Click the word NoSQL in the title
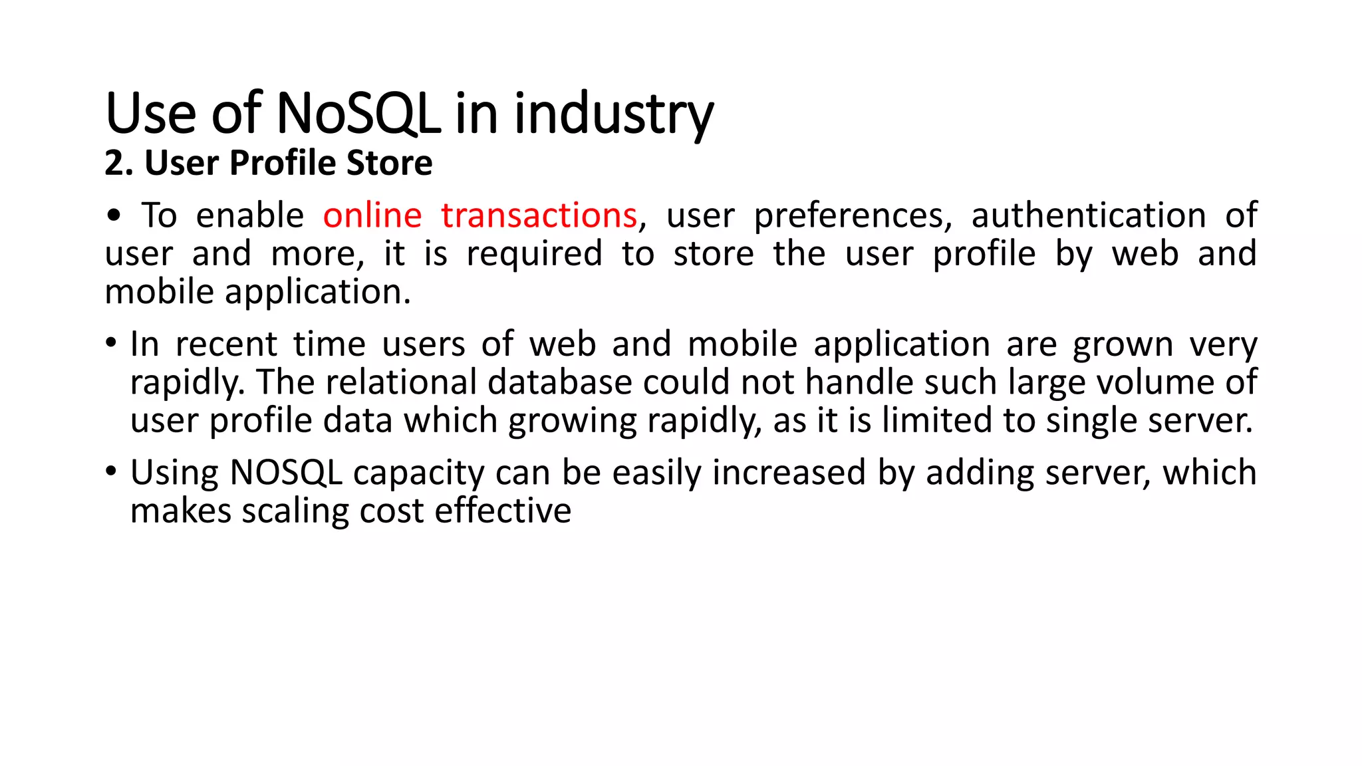coord(358,114)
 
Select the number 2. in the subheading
coord(119,164)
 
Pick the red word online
coord(372,216)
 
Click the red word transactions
coord(539,216)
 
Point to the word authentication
coord(1088,216)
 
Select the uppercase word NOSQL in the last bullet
coord(286,473)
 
